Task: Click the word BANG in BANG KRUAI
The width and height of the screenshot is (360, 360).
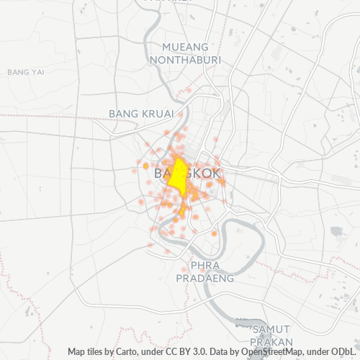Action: point(122,114)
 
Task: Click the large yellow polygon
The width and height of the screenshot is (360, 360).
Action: point(177,174)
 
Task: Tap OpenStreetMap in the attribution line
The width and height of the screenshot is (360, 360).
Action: point(268,351)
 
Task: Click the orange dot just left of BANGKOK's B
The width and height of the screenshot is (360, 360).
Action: point(146,166)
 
